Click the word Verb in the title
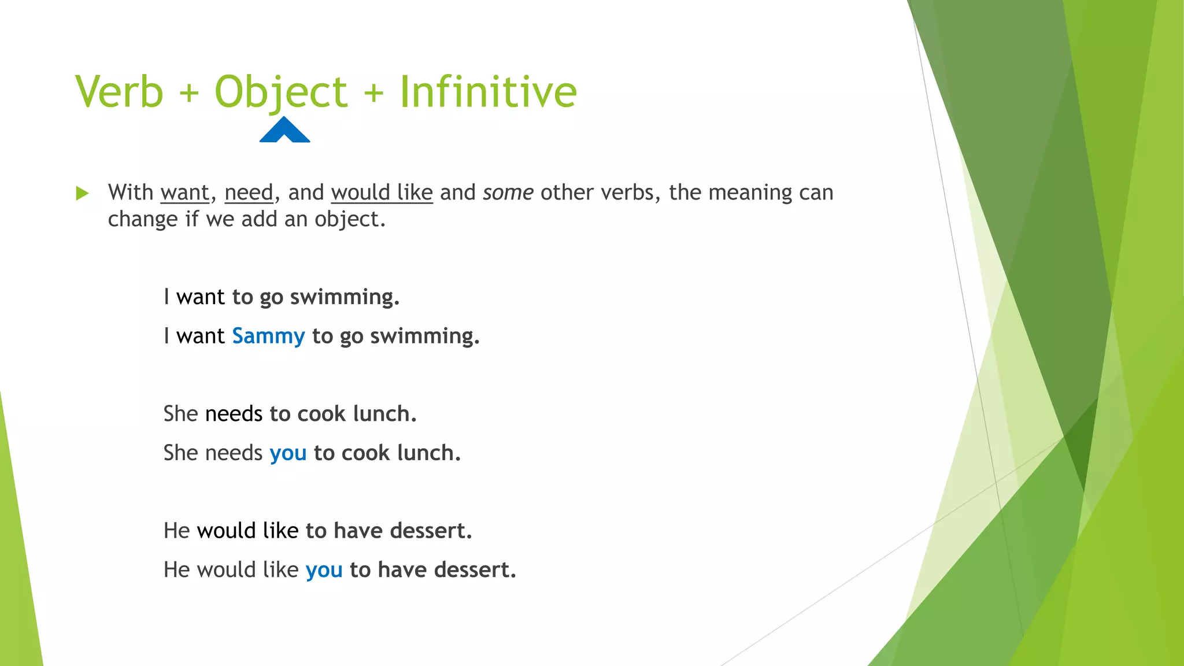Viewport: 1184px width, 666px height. [x=120, y=92]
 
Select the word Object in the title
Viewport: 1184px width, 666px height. [x=281, y=92]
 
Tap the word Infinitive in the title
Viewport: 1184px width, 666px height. [x=488, y=92]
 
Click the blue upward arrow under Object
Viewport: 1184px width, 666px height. [x=284, y=130]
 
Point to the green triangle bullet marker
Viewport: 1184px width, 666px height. [x=82, y=193]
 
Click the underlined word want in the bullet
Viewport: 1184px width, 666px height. [x=185, y=193]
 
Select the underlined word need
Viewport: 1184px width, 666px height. [x=249, y=193]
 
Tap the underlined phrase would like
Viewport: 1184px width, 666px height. [x=382, y=193]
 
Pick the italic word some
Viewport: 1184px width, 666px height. [x=508, y=193]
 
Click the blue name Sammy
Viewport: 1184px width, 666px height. [x=268, y=336]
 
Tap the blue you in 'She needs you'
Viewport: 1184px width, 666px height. [x=288, y=453]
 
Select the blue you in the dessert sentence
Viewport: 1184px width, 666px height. [x=324, y=570]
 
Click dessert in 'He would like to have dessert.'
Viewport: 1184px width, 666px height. [x=430, y=531]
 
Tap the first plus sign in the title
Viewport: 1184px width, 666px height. [x=189, y=93]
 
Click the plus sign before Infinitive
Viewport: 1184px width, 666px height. [x=374, y=93]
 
